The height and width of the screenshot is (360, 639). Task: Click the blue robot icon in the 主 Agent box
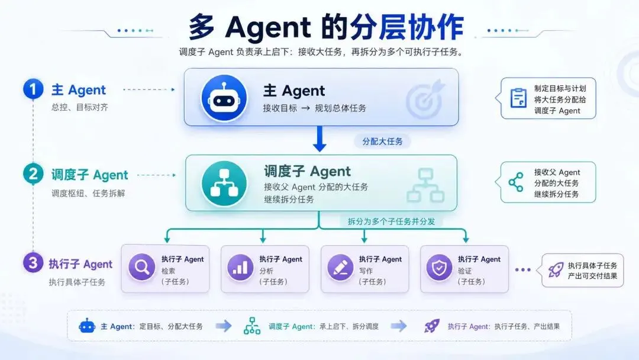(x=224, y=98)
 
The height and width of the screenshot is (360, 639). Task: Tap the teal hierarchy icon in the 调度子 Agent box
(x=224, y=183)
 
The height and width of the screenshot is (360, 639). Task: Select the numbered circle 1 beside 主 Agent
(x=33, y=89)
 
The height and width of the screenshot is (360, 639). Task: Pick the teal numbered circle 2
(x=33, y=174)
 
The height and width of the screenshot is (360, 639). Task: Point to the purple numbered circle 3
(x=33, y=263)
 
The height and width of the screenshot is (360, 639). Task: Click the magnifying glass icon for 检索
(x=141, y=267)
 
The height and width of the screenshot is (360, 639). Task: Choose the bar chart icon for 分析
(x=240, y=267)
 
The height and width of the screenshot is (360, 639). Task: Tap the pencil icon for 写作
(x=340, y=267)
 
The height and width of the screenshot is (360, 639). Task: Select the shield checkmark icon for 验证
(x=439, y=267)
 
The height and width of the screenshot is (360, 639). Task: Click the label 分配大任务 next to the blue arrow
(x=382, y=142)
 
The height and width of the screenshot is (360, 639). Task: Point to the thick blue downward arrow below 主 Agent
(x=319, y=139)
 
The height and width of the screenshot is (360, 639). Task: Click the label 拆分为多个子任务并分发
(x=391, y=221)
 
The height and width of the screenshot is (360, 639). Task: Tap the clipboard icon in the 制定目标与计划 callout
(x=518, y=98)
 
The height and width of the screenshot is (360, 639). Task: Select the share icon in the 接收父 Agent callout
(x=516, y=182)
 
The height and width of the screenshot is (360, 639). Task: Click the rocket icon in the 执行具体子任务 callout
(x=556, y=270)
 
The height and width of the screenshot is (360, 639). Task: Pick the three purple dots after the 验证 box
(x=523, y=270)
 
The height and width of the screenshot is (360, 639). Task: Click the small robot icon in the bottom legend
(x=87, y=326)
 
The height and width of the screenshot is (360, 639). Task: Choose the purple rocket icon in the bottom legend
(x=432, y=326)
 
